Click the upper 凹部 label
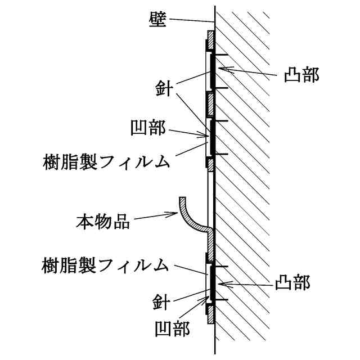pyautogui.click(x=147, y=128)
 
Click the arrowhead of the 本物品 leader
pyautogui.click(x=177, y=213)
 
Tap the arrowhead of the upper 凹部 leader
pyautogui.click(x=206, y=135)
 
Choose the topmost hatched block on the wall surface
pyautogui.click(x=209, y=40)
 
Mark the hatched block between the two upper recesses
pyautogui.click(x=209, y=103)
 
